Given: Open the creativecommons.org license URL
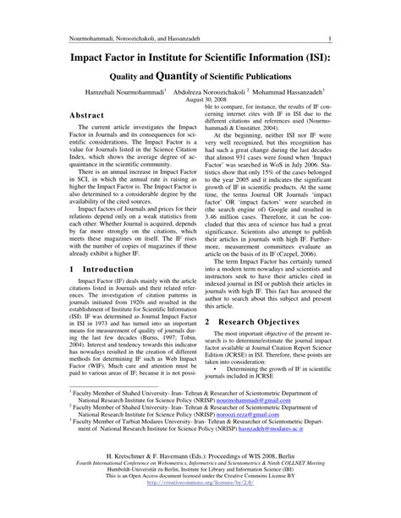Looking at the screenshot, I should (x=200, y=484).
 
